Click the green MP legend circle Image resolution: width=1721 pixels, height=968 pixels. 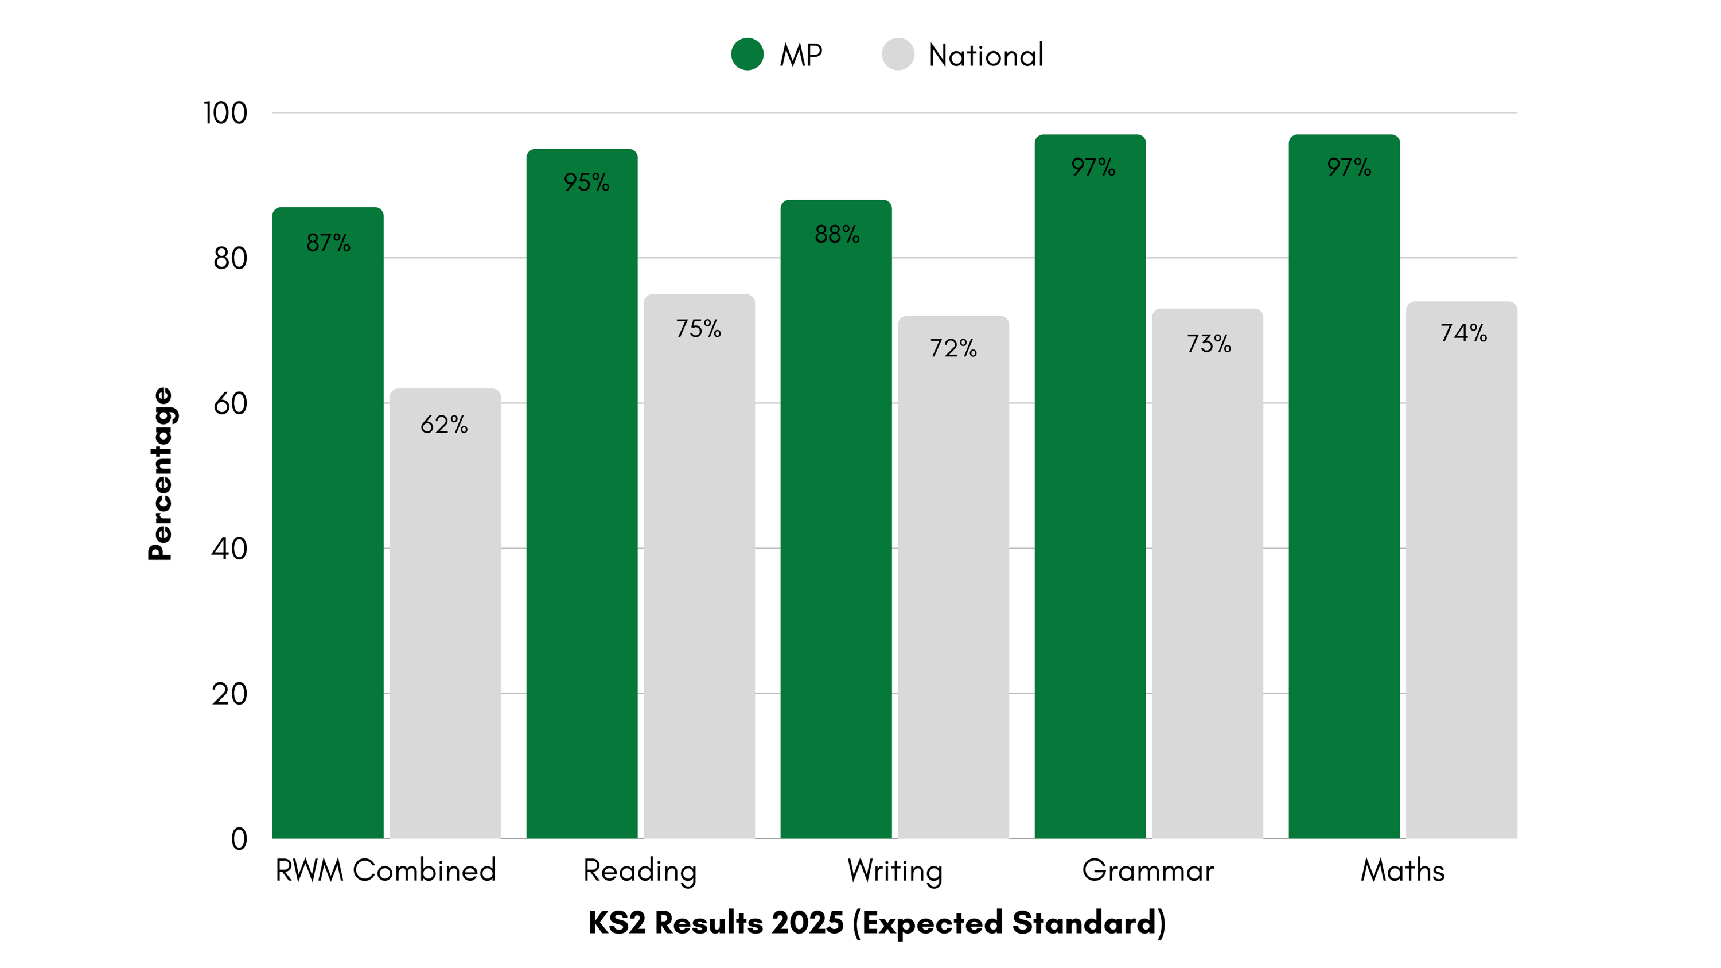coord(747,54)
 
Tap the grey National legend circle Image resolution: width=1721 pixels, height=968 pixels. coord(897,54)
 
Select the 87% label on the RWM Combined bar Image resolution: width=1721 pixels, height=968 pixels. coord(328,243)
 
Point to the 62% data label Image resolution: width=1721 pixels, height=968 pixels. coord(444,424)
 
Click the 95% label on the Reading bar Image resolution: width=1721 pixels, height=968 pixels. coord(586,182)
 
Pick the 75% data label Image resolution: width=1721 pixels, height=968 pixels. coord(698,328)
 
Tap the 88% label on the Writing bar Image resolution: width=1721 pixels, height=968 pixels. coord(836,234)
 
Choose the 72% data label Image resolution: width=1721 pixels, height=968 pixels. coord(953,348)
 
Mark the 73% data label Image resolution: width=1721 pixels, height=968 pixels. coord(1209,343)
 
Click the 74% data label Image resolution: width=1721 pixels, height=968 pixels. coord(1463,333)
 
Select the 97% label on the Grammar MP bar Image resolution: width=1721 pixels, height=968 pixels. coord(1093,166)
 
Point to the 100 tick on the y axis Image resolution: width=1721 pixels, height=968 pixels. coord(225,113)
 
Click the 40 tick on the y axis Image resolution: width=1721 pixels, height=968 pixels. coord(229,549)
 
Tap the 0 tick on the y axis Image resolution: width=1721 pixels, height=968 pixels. coord(239,839)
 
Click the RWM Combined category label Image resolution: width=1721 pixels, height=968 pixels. coord(386,870)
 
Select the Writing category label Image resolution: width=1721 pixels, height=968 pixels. coord(894,870)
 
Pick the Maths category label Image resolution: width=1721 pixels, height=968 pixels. coord(1402,870)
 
